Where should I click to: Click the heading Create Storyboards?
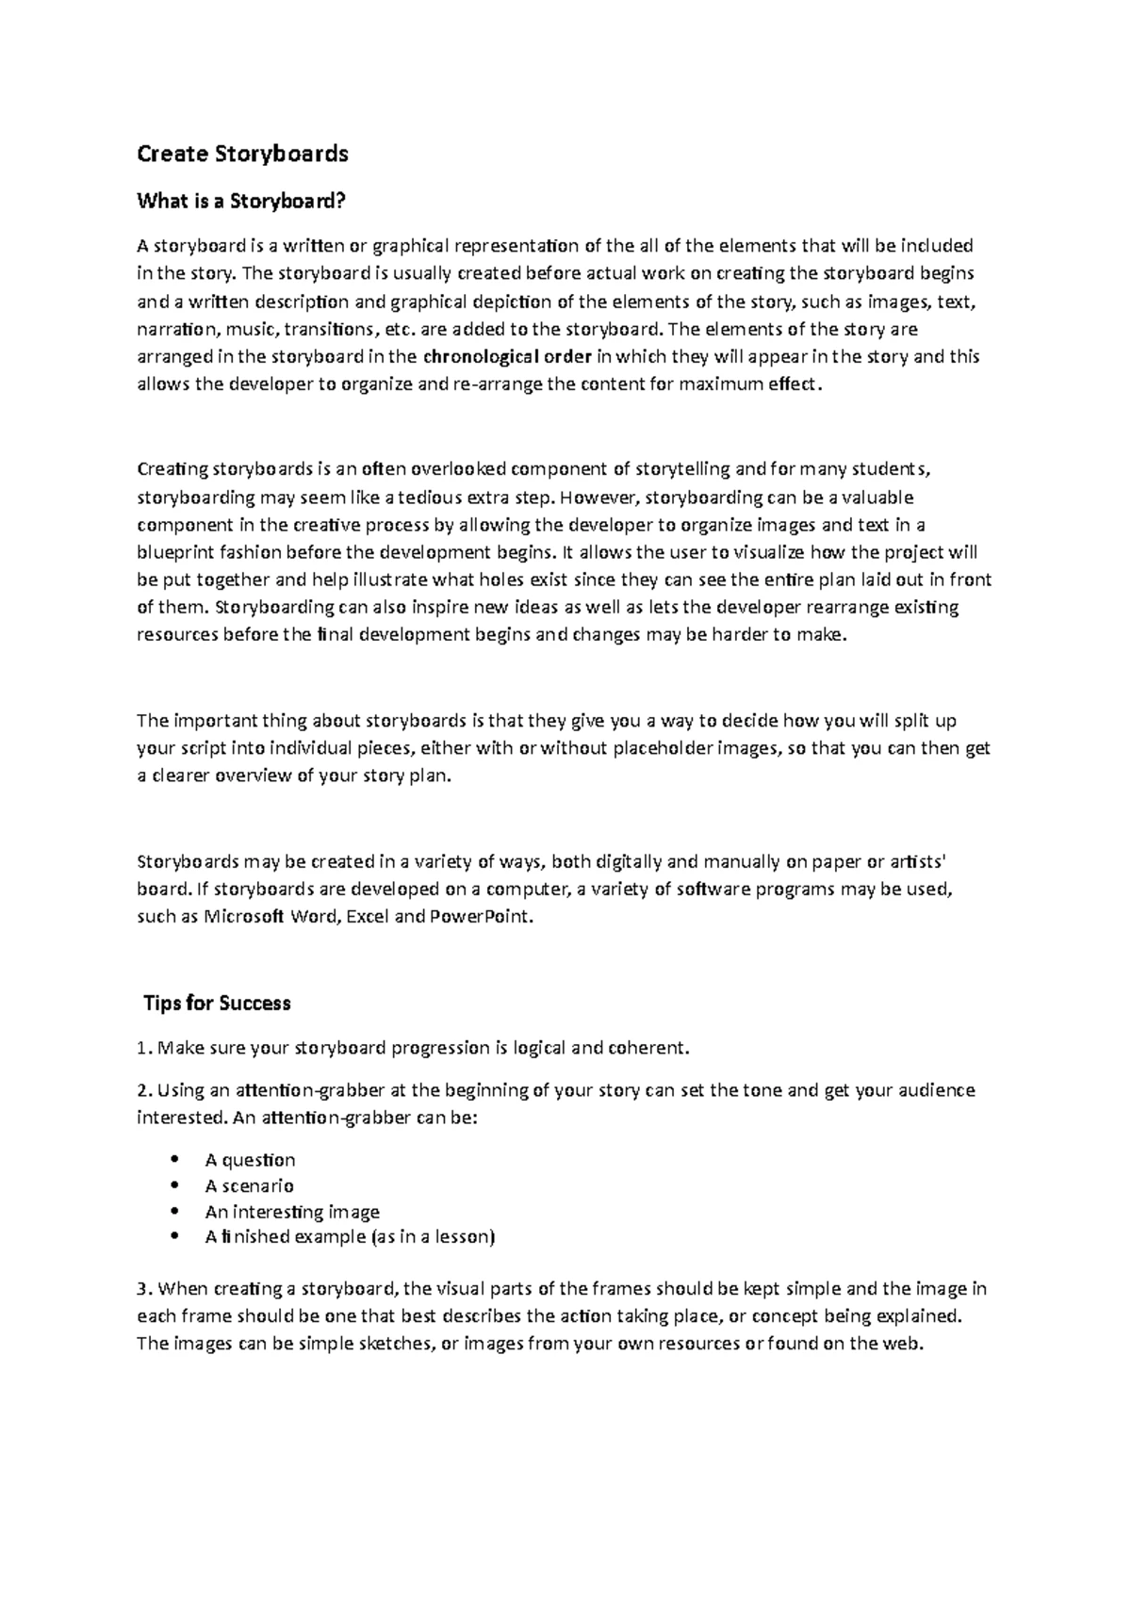pyautogui.click(x=242, y=154)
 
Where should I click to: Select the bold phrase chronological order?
pyautogui.click(x=507, y=357)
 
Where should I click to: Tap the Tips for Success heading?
pyautogui.click(x=217, y=1004)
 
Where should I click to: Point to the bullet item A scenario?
pyautogui.click(x=250, y=1186)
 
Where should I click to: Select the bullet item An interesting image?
pyautogui.click(x=292, y=1212)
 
